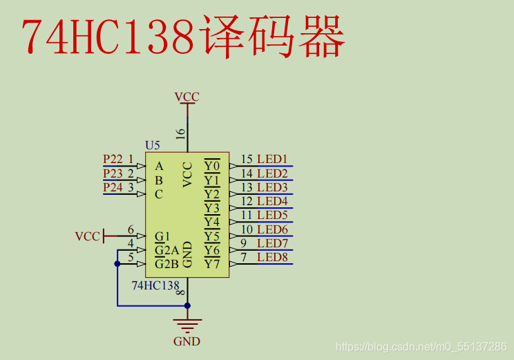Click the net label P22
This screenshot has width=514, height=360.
(113, 159)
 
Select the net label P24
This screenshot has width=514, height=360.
(113, 187)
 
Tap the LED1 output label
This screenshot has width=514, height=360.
(272, 160)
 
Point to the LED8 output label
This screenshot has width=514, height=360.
(272, 258)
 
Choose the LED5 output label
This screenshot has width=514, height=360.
(272, 216)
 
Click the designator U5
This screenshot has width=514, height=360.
(153, 145)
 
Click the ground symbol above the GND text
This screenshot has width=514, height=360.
(187, 323)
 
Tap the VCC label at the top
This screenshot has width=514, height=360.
(187, 97)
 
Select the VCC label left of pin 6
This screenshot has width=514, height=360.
(87, 236)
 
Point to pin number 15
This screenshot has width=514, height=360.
(247, 160)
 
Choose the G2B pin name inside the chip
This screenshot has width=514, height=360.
(166, 263)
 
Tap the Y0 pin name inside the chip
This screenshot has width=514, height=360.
(212, 166)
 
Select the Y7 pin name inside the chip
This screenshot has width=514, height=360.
(212, 263)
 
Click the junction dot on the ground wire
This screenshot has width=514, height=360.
(187, 305)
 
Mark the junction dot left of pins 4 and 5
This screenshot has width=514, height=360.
(117, 263)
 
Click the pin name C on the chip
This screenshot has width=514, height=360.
(159, 194)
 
